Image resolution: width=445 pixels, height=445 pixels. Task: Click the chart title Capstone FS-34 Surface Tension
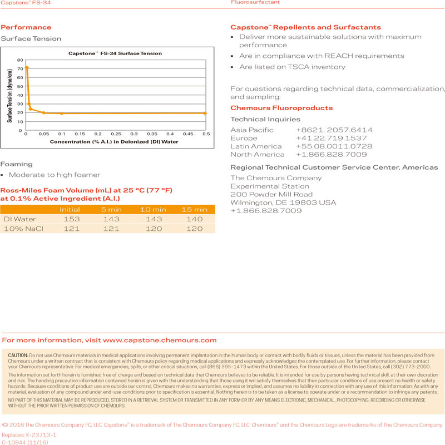115,53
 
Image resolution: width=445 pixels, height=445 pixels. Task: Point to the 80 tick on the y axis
20,60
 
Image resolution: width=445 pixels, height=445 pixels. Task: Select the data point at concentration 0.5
205,113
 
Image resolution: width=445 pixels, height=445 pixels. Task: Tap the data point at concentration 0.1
61,113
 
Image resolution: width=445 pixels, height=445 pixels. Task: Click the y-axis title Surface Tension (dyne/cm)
10,95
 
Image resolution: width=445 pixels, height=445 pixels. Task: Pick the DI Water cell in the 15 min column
194,219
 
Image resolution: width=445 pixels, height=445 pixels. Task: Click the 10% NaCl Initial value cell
70,229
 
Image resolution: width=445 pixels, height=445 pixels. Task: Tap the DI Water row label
20,219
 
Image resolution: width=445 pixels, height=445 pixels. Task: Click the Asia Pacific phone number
334,130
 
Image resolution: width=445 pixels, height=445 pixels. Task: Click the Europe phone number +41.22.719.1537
331,138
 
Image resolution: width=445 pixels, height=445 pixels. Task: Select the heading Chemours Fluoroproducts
281,108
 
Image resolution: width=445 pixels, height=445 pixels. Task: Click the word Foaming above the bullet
17,165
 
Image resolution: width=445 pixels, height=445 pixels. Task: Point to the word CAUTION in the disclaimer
18,355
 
